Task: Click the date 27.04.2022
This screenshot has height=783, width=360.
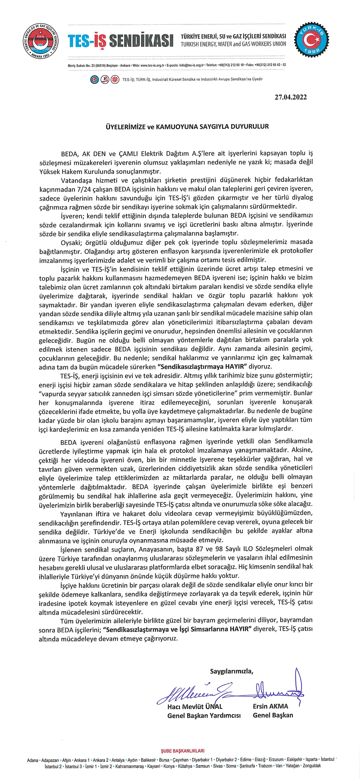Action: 290,97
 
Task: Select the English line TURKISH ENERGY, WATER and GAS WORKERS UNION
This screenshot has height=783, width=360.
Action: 233,44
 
